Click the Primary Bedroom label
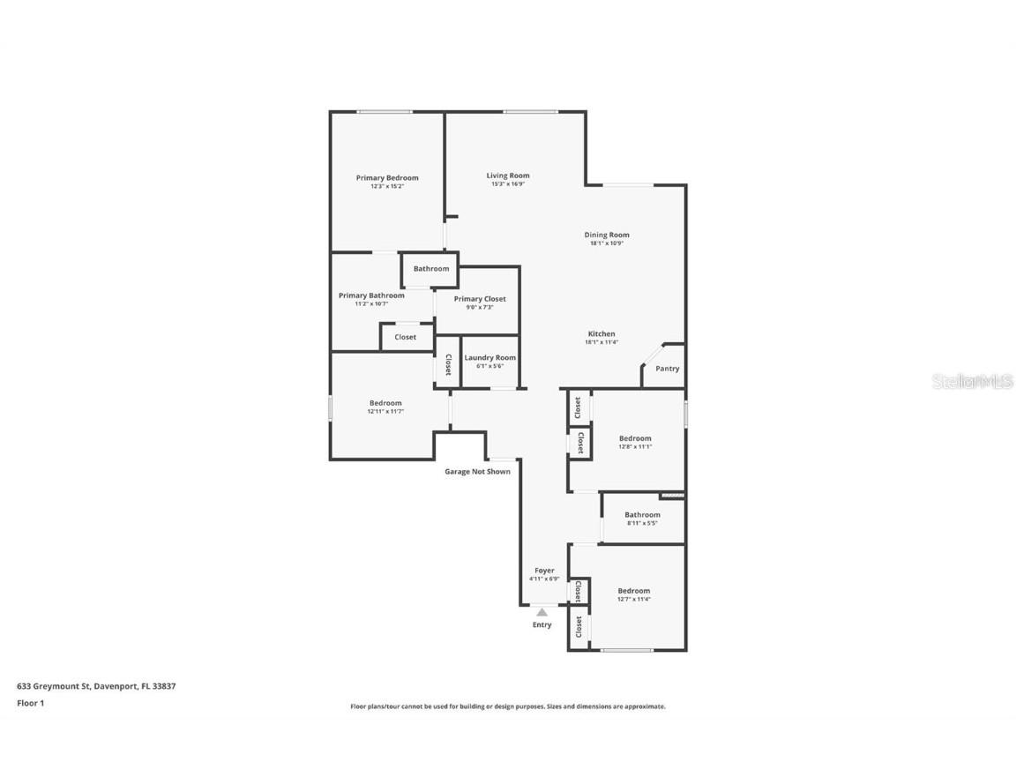(x=387, y=178)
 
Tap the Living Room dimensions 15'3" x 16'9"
(x=508, y=184)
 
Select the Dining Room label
(x=607, y=235)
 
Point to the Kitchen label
(x=601, y=334)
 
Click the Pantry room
(x=667, y=369)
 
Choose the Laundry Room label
(x=489, y=358)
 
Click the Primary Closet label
(x=480, y=299)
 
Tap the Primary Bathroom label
(x=371, y=295)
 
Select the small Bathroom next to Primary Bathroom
(x=431, y=269)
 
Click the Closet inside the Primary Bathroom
(x=406, y=337)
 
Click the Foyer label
(x=544, y=571)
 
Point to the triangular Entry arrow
(x=542, y=612)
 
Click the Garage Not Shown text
(x=477, y=472)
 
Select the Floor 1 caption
(x=30, y=703)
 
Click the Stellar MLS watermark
(x=975, y=382)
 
